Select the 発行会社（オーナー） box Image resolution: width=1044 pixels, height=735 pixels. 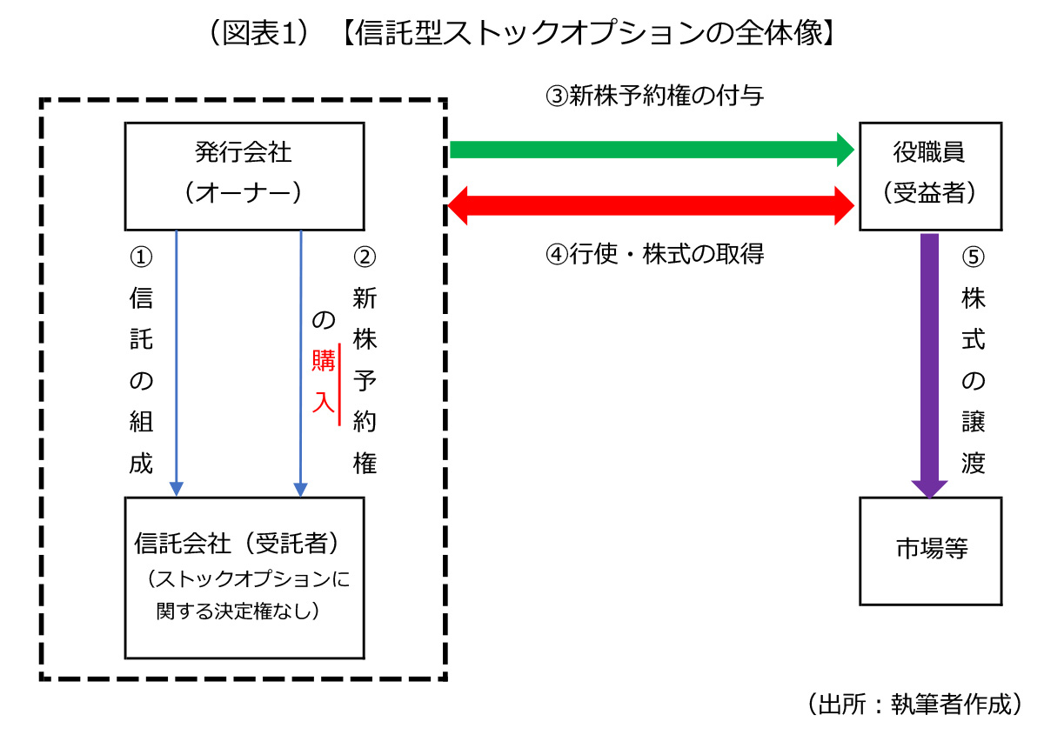pos(244,175)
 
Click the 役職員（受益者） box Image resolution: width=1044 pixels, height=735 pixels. pos(929,175)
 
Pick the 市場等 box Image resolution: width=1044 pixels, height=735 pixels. pos(929,550)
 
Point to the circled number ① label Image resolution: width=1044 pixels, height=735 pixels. pos(140,257)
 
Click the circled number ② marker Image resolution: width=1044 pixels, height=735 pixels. pos(365,257)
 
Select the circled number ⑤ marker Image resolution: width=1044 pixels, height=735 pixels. pos(974,257)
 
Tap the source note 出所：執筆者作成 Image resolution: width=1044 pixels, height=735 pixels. pos(913,704)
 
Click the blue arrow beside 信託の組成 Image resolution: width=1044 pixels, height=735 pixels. pos(177,365)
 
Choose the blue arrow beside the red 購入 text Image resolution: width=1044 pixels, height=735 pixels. pos(301,365)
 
